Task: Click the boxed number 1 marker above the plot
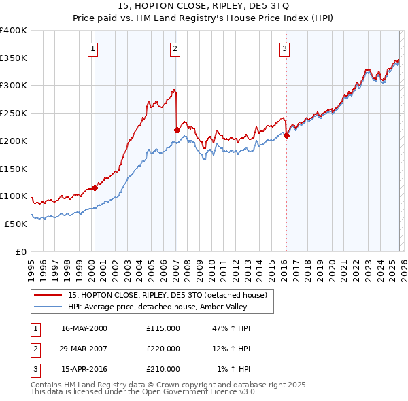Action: (x=92, y=48)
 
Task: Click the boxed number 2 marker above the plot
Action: (x=175, y=48)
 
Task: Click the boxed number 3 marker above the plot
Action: (x=284, y=48)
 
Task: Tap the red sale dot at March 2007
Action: (x=177, y=129)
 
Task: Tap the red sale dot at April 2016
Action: (x=286, y=135)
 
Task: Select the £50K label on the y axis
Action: (x=16, y=224)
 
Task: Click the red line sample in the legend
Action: (x=48, y=295)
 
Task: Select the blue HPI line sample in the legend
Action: (x=48, y=307)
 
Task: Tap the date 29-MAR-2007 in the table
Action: (x=84, y=349)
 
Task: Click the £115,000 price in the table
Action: (x=163, y=328)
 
